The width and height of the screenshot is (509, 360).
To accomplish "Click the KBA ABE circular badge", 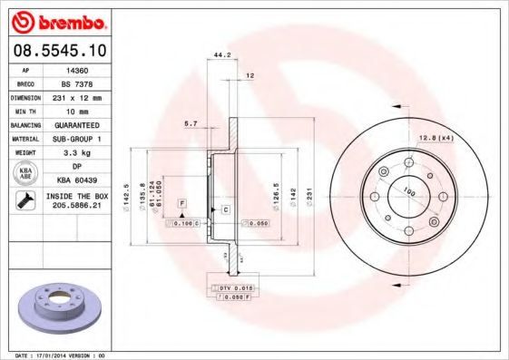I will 25,174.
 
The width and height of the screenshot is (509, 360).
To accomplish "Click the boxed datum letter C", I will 225,209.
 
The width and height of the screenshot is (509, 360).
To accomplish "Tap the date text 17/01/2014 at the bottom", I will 56,355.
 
